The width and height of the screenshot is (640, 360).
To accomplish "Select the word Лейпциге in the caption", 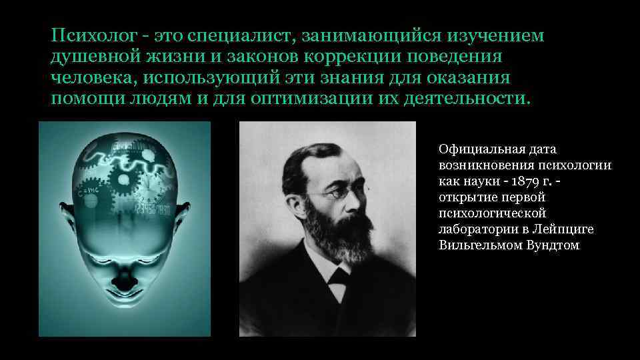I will coord(567,229).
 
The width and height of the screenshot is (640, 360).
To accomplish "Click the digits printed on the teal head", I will coord(153,208).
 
